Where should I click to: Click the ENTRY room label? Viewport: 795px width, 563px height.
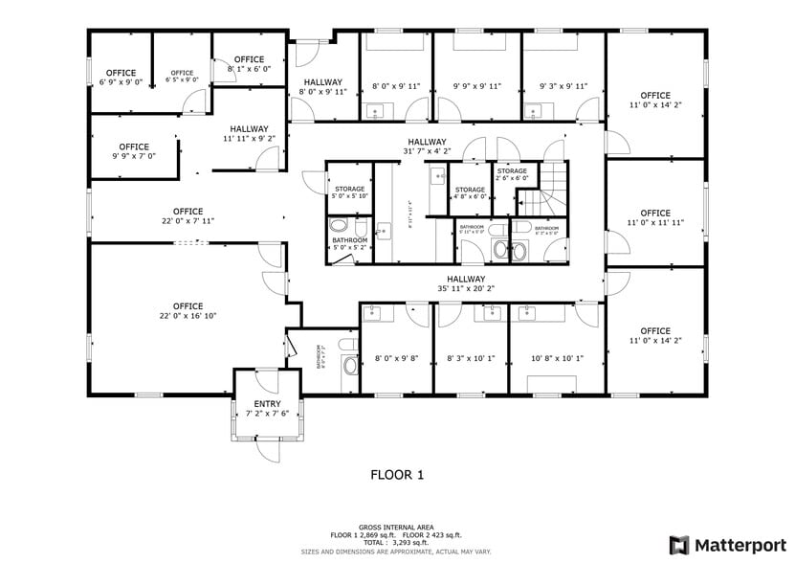click(x=267, y=404)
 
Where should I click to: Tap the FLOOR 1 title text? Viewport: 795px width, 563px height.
click(x=396, y=474)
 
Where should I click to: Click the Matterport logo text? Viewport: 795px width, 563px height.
click(x=734, y=545)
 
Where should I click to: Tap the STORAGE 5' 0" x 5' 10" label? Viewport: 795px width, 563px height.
click(x=349, y=192)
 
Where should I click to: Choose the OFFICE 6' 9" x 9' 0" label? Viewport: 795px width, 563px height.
click(x=121, y=78)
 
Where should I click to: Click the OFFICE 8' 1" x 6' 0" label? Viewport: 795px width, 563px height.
click(x=249, y=64)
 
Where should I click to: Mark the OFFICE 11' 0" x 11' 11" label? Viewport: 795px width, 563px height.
click(x=655, y=217)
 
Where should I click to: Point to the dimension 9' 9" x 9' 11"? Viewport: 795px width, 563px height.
click(x=476, y=86)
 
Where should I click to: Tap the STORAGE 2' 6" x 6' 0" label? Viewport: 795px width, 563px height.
click(x=512, y=174)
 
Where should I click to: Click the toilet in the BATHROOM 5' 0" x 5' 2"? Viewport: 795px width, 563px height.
click(x=338, y=227)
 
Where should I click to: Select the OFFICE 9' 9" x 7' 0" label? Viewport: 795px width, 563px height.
click(x=134, y=151)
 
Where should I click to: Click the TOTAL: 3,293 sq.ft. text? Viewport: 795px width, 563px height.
click(x=396, y=542)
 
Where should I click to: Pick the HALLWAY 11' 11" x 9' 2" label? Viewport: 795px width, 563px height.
click(x=249, y=133)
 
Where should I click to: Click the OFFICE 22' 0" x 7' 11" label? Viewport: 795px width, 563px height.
click(x=188, y=215)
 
